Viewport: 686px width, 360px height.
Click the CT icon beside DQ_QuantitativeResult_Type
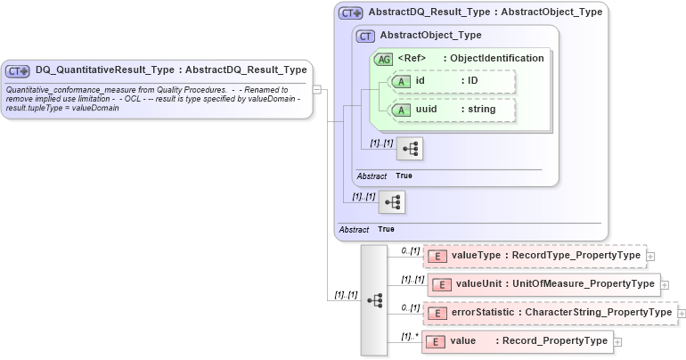click(18, 70)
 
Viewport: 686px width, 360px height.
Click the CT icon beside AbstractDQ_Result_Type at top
click(352, 13)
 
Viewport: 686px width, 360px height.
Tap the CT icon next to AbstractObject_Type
click(365, 36)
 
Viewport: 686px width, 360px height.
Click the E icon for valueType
click(437, 257)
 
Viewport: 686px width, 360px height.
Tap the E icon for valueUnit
click(442, 284)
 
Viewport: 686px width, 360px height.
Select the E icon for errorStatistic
click(437, 313)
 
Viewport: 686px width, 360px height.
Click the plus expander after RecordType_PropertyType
click(651, 257)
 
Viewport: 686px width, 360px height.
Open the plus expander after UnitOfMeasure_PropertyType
click(664, 284)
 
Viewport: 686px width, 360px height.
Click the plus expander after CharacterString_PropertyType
click(682, 313)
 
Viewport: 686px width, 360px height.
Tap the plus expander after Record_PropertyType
click(617, 341)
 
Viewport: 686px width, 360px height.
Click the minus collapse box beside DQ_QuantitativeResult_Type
click(317, 90)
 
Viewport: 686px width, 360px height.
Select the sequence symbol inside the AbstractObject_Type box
click(410, 149)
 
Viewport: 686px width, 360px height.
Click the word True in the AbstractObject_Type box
click(404, 176)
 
